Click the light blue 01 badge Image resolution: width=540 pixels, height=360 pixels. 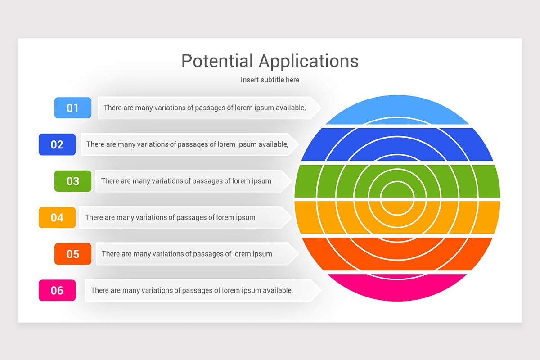tap(73, 108)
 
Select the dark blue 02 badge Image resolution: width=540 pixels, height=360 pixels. tap(57, 144)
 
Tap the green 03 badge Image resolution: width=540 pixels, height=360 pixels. tap(73, 181)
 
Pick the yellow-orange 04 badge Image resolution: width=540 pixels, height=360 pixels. tap(57, 217)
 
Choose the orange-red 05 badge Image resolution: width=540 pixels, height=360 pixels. tap(73, 254)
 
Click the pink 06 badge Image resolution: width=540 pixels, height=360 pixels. tap(57, 290)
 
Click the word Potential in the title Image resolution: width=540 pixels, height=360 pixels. tap(217, 61)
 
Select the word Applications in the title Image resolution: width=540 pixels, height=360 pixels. tap(309, 61)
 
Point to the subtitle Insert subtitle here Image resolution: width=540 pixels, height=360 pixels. tap(270, 80)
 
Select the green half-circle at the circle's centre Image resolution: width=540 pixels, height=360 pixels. tap(397, 190)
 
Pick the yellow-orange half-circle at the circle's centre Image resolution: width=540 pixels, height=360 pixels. tap(397, 207)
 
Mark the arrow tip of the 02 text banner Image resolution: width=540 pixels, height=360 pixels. tap(299, 144)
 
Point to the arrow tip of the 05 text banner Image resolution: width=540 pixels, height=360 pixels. tap(298, 254)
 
